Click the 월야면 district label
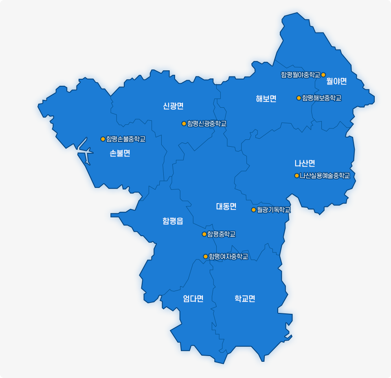point(336,81)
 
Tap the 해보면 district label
point(266,98)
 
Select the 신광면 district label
point(173,106)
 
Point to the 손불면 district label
point(120,153)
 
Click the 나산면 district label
point(305,163)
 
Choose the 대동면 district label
point(226,206)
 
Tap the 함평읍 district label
point(173,221)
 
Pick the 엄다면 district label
point(193,299)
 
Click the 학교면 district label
point(245,299)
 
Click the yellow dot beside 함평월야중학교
point(323,75)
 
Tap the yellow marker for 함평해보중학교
point(299,98)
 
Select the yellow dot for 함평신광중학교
point(184,124)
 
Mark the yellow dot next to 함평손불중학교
point(103,139)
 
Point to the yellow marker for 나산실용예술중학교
point(297,176)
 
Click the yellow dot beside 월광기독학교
point(253,210)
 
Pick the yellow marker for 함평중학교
point(204,234)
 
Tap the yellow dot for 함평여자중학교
point(205,256)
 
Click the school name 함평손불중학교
point(126,139)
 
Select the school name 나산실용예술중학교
point(325,176)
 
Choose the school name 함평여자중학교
point(228,256)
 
